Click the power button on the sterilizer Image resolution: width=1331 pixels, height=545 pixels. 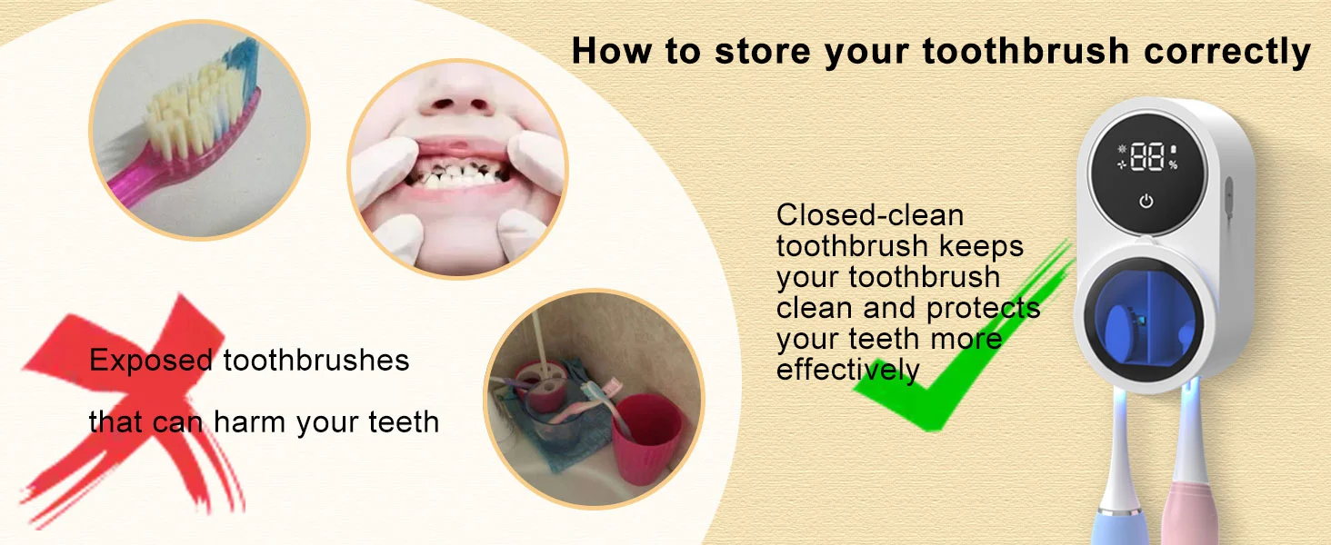pos(1146,202)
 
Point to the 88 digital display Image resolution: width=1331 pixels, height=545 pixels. pos(1148,156)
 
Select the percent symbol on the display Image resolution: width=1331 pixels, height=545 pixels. pos(1173,165)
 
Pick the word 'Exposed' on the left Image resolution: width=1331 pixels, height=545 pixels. pos(150,362)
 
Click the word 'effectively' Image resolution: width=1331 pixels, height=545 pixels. pos(847,370)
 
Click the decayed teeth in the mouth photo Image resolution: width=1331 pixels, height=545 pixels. pos(455,176)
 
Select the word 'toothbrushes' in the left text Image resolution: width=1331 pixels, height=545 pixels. pos(315,362)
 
